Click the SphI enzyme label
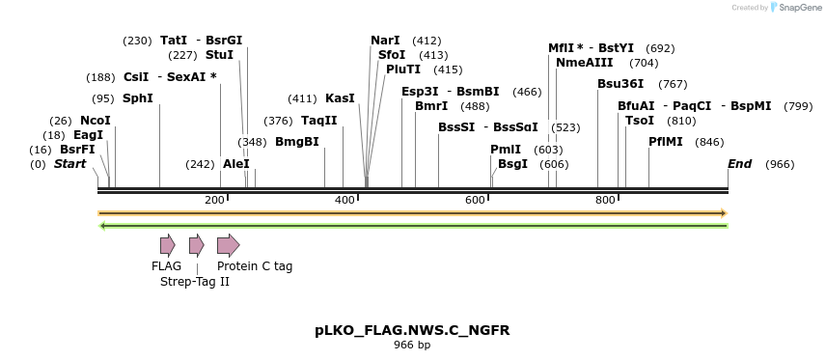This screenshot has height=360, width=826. click(x=137, y=98)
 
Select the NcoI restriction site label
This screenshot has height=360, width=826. click(x=95, y=121)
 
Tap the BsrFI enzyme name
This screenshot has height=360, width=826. click(x=77, y=150)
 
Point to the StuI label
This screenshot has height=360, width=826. click(x=219, y=55)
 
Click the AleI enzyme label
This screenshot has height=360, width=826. click(x=235, y=164)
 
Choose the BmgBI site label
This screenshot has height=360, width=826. click(x=296, y=142)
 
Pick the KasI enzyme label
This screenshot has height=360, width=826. click(x=340, y=98)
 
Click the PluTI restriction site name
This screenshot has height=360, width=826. click(x=403, y=69)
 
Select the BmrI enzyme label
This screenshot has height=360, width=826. click(x=430, y=106)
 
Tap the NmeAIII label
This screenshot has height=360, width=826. click(x=584, y=63)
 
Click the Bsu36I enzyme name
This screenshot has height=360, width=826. click(x=619, y=84)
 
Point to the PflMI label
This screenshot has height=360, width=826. click(x=665, y=142)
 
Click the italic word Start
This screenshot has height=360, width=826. click(x=69, y=164)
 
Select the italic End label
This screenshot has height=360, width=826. click(x=739, y=164)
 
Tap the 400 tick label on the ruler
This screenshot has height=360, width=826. click(x=345, y=200)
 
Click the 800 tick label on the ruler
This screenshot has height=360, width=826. click(x=605, y=200)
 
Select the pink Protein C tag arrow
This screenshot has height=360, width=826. click(x=228, y=245)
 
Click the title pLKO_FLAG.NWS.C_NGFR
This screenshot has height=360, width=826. click(x=412, y=330)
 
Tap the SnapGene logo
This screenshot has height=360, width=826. click(x=794, y=8)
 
